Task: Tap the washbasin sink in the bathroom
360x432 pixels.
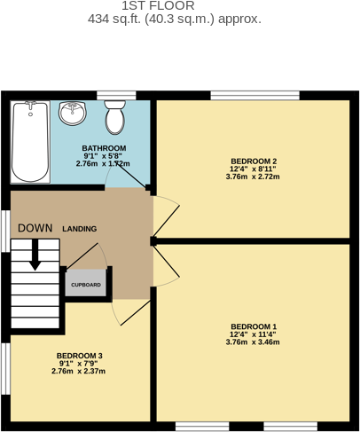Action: (74, 114)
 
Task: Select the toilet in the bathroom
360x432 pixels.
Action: (115, 115)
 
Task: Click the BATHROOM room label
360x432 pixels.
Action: (102, 148)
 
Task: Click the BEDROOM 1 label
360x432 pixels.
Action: (254, 326)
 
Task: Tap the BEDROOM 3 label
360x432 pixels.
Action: (80, 356)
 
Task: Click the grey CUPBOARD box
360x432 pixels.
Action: (86, 285)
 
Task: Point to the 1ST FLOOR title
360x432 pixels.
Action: (180, 6)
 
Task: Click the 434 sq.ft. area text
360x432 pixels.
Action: (180, 19)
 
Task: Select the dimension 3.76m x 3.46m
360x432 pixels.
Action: (254, 342)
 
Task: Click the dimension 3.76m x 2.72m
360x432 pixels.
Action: (254, 177)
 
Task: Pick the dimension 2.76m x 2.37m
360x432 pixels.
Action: (80, 371)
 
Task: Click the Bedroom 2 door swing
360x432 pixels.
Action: (166, 210)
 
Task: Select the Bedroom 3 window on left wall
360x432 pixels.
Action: (4, 368)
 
